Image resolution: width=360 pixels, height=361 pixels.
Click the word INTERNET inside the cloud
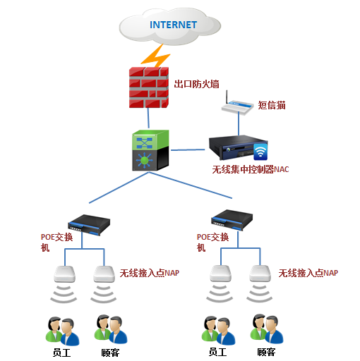point(172,25)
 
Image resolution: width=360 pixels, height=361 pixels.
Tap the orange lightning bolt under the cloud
point(156,55)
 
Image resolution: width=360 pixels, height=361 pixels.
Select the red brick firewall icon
point(149,86)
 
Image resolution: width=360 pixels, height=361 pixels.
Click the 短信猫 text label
point(272,105)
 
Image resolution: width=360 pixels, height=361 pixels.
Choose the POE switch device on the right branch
point(233,218)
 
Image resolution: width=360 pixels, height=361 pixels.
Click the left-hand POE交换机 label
point(55,242)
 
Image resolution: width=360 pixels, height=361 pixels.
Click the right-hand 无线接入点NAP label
point(308,273)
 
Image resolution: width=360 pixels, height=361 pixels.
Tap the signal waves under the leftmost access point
point(65,292)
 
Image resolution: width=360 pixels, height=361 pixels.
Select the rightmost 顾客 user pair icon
point(264,329)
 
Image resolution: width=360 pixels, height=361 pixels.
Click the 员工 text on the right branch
point(216,352)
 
